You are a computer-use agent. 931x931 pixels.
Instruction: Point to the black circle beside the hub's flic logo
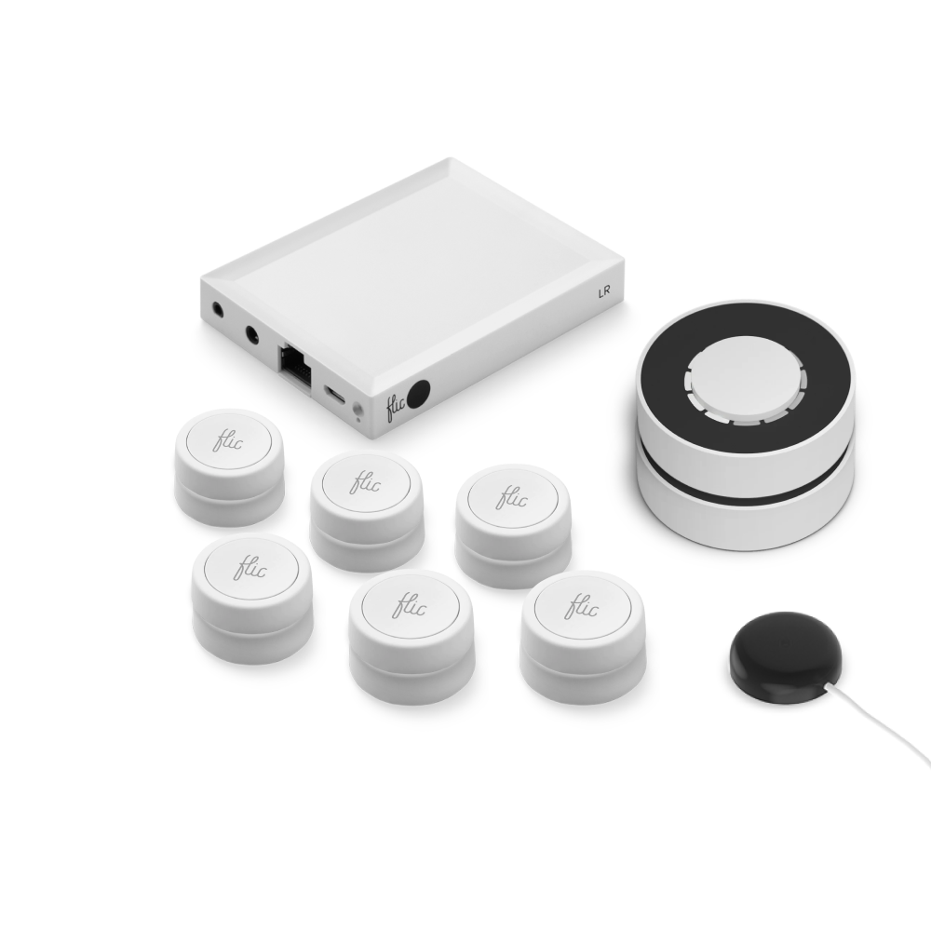(421, 393)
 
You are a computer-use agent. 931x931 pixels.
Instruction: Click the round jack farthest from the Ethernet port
(217, 309)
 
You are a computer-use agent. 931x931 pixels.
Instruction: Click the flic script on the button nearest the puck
(583, 608)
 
